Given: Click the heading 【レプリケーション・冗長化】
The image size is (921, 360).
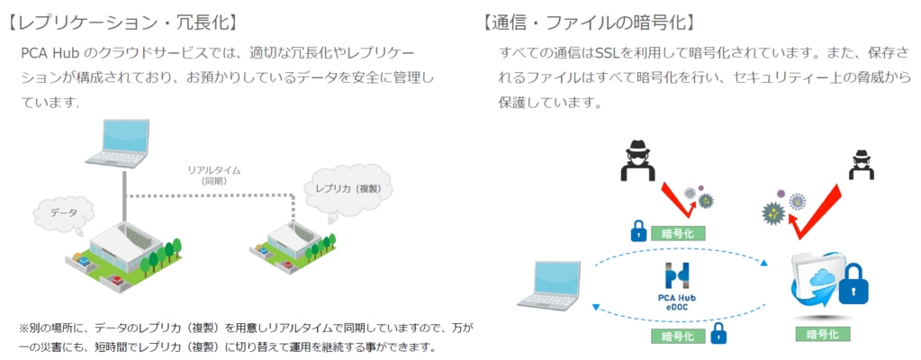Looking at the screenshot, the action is tap(123, 23).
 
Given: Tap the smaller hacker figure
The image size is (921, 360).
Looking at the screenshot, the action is tap(861, 166).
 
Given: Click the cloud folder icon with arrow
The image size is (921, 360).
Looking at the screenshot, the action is tap(817, 284).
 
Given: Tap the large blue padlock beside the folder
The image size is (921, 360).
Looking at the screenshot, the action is tap(854, 284).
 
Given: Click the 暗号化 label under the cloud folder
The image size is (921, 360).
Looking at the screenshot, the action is tap(822, 334).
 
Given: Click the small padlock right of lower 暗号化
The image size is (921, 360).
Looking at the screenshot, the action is tap(718, 334).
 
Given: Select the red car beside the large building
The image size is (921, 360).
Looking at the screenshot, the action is tap(116, 280).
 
